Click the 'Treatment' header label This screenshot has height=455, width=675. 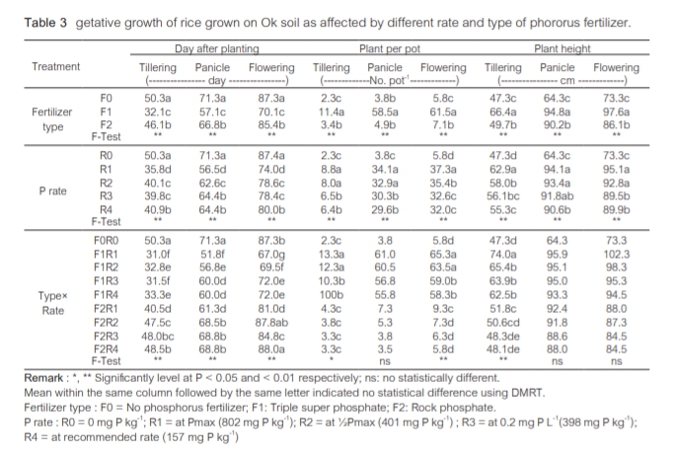tap(55, 67)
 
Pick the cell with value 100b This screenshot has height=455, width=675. tap(331, 295)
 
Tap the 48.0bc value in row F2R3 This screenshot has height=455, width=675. tap(159, 336)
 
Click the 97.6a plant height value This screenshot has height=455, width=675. tap(618, 114)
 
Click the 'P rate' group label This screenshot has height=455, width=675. tap(54, 190)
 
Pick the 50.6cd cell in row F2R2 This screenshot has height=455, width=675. tap(503, 322)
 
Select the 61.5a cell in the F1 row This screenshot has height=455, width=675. tap(445, 114)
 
